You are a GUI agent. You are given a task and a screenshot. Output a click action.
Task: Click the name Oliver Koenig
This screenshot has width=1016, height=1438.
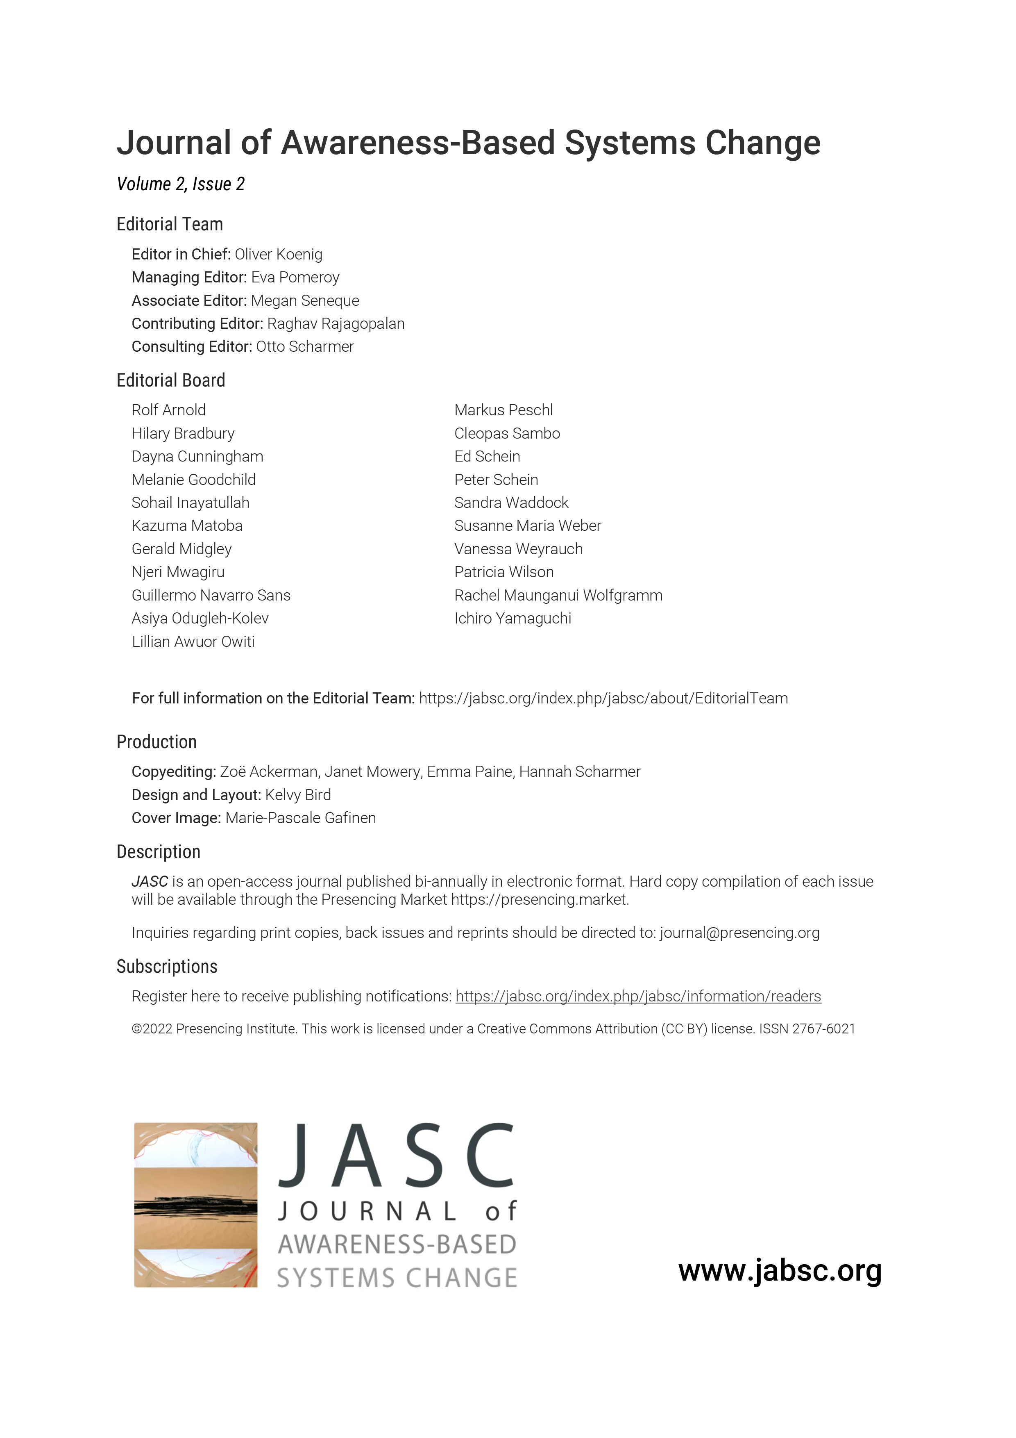[x=279, y=254]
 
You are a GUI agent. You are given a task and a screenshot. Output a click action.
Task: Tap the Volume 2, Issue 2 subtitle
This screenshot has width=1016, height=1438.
[x=180, y=184]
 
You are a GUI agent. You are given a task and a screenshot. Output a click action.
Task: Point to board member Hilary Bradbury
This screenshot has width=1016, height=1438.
[x=183, y=433]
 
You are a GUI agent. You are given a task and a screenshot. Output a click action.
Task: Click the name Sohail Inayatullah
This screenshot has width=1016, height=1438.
[x=190, y=503]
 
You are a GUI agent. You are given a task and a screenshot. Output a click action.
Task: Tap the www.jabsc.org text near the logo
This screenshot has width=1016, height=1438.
[x=780, y=1271]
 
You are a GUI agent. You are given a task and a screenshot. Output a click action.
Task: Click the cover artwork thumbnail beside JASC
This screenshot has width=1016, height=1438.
[x=196, y=1205]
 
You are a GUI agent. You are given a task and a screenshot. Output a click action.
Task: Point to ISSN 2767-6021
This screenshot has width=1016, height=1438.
[x=807, y=1028]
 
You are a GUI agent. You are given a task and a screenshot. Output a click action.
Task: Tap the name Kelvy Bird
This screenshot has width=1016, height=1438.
[x=298, y=795]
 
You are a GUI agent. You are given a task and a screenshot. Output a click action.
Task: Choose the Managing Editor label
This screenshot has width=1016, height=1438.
[x=189, y=278]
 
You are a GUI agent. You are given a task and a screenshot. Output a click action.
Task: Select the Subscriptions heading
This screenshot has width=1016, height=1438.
[x=167, y=967]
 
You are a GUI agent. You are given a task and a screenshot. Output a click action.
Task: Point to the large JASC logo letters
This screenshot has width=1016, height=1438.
[x=397, y=1156]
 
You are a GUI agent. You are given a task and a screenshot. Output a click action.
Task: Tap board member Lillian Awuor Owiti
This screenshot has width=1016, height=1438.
[x=193, y=642]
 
